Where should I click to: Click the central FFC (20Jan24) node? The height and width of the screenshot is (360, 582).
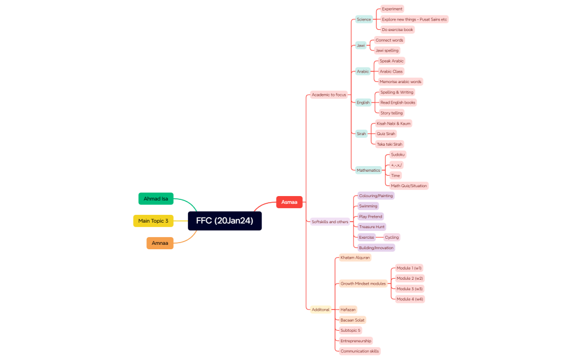224,220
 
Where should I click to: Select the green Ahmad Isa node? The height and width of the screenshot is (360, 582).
156,198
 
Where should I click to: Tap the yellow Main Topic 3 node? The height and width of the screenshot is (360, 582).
153,220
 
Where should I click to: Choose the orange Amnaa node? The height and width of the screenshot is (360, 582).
160,243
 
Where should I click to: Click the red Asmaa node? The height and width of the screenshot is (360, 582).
289,202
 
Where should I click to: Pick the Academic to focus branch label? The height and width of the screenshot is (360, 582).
329,95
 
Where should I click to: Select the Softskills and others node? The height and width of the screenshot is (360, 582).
330,222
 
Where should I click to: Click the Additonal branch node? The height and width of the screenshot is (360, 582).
320,310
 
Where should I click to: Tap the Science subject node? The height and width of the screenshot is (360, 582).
364,19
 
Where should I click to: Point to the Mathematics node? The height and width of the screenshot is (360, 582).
369,170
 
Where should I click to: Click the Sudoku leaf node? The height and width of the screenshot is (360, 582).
398,155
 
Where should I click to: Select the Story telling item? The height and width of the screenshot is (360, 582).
391,113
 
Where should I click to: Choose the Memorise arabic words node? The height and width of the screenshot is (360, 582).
400,81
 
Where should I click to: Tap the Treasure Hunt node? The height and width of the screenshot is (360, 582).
371,227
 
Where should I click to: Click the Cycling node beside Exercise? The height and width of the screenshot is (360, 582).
391,237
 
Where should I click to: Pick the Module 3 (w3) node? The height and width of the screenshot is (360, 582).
410,289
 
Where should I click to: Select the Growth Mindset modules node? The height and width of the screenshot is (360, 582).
363,284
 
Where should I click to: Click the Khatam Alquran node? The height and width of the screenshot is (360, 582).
355,258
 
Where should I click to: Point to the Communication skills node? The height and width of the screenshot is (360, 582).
360,351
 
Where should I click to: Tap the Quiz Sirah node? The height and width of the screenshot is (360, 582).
386,133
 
